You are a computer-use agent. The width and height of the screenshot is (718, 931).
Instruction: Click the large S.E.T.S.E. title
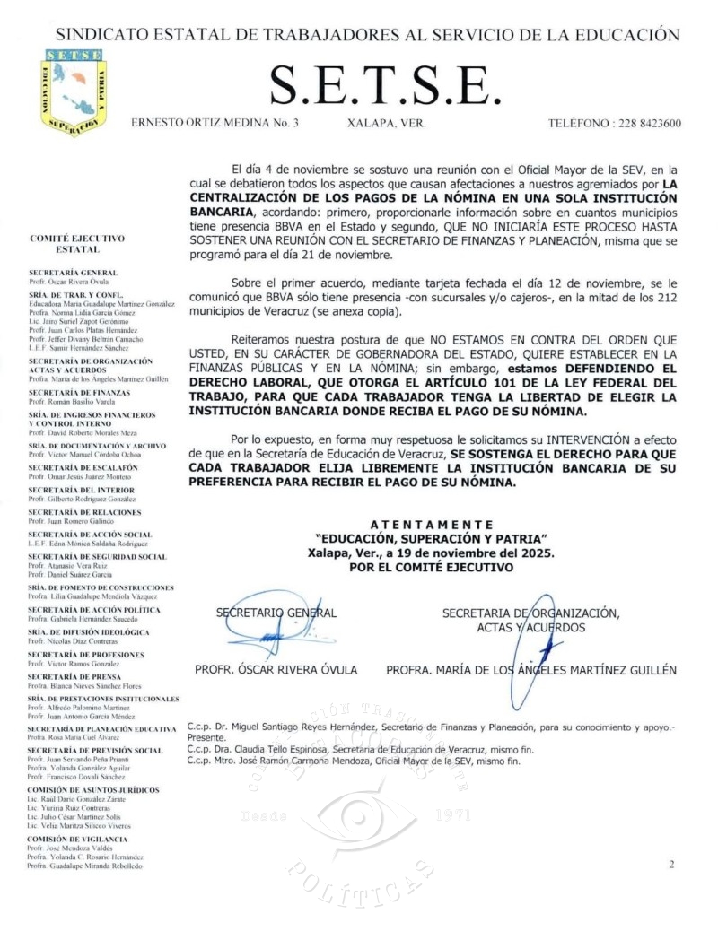click(384, 85)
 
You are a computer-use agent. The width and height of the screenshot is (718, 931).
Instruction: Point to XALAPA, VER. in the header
click(386, 123)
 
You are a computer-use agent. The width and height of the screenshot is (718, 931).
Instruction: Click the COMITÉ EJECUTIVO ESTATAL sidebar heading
click(77, 243)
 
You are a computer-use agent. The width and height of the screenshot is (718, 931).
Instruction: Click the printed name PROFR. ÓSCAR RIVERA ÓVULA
click(276, 670)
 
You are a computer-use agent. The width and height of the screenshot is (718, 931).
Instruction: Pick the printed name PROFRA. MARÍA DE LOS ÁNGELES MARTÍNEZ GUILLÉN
click(531, 670)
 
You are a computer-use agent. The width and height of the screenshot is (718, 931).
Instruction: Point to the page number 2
click(671, 864)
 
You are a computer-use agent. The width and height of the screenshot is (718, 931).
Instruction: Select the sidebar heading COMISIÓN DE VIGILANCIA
click(77, 839)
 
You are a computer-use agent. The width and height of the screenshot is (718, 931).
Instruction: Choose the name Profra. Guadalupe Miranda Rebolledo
click(84, 866)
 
